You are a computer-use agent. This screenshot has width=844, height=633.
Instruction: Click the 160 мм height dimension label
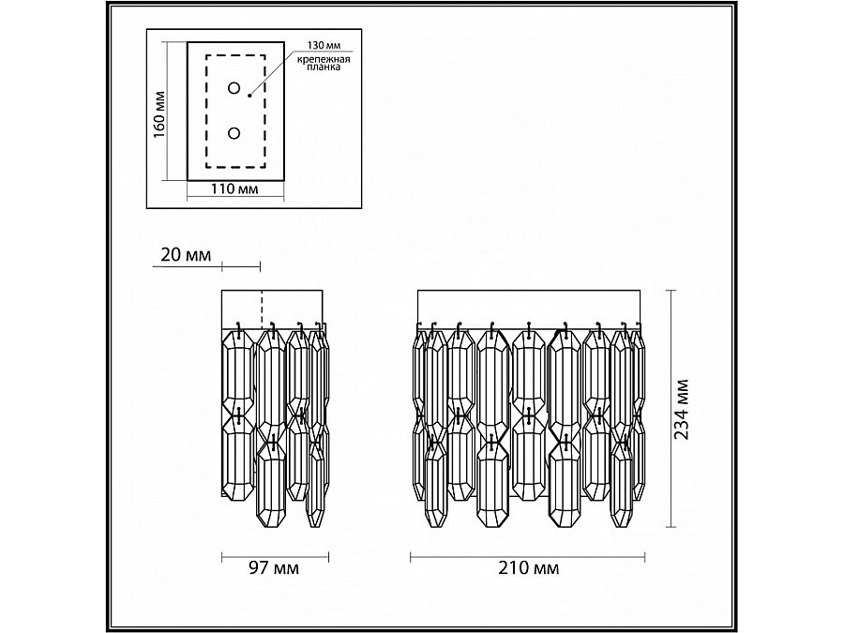[x=159, y=113]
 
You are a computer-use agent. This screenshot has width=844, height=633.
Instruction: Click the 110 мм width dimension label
[x=234, y=189]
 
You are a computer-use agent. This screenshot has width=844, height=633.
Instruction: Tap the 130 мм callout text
[x=324, y=46]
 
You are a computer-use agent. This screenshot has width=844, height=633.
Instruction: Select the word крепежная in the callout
[x=324, y=59]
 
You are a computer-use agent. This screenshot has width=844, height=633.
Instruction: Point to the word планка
[x=324, y=68]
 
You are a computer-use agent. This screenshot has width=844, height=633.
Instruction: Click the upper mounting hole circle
[x=234, y=88]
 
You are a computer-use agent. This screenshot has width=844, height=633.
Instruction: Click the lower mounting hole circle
[x=234, y=133]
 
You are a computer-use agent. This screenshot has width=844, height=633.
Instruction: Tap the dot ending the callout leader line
[x=249, y=96]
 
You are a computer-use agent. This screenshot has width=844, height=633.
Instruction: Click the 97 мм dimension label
[x=274, y=567]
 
